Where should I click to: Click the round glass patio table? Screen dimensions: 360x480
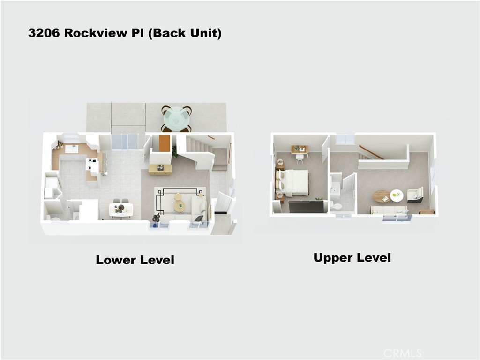(176, 119)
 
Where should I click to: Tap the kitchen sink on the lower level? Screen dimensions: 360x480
(72, 149)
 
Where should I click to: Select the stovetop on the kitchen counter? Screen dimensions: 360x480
(92, 165)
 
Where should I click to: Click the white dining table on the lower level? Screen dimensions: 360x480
(121, 209)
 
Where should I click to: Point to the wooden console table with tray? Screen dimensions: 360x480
(160, 169)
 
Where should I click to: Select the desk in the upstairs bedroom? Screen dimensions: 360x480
(300, 150)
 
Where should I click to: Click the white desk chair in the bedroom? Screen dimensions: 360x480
(300, 158)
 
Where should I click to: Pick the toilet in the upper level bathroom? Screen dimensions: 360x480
(336, 206)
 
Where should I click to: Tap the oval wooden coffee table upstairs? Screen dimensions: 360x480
(381, 195)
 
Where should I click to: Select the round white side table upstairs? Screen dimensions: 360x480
(397, 195)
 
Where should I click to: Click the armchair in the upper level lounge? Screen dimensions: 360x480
(415, 195)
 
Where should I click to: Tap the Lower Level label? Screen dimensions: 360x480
(135, 260)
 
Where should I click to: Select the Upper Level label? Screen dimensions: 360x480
(352, 257)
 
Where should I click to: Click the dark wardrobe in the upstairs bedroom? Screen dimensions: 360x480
(306, 207)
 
